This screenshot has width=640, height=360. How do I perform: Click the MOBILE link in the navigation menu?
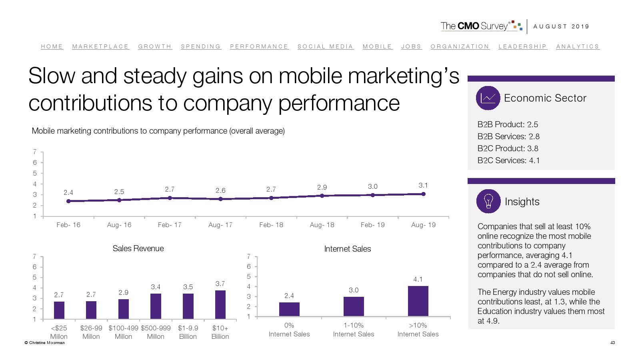click(x=377, y=46)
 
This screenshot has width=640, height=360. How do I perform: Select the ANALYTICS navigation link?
click(x=578, y=46)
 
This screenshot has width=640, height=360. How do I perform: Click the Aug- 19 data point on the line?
click(x=423, y=194)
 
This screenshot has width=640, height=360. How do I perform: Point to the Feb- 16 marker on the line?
click(x=68, y=201)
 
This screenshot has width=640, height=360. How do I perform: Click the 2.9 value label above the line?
click(x=322, y=187)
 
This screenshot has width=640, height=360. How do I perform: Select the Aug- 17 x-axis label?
click(x=220, y=225)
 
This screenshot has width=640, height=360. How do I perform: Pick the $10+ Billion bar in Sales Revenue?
click(x=220, y=304)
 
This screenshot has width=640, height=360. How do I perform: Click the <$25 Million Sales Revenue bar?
click(x=59, y=310)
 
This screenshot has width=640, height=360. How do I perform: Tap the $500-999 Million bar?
click(x=156, y=306)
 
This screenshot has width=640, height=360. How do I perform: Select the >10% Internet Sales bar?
click(x=418, y=301)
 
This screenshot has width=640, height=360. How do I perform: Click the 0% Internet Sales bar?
click(x=289, y=309)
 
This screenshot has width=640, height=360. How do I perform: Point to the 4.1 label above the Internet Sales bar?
click(x=418, y=279)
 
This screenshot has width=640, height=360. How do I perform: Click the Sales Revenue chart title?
click(x=138, y=248)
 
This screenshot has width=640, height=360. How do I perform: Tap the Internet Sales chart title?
click(x=348, y=249)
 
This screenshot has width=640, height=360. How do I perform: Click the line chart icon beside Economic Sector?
click(x=488, y=98)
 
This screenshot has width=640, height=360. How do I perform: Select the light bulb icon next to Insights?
click(x=488, y=201)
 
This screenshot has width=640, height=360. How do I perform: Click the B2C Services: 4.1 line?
click(x=508, y=160)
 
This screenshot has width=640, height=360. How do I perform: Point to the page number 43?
click(x=612, y=342)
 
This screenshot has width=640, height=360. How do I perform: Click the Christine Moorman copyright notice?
click(x=44, y=342)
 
